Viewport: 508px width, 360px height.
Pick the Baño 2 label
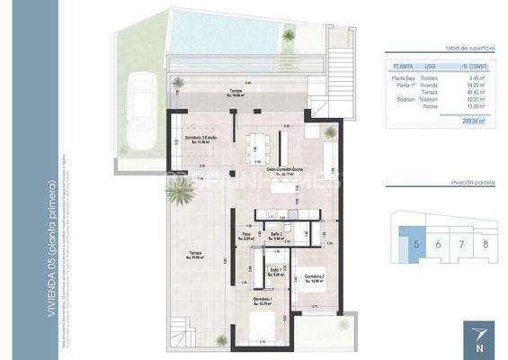pyautogui.click(x=277, y=235)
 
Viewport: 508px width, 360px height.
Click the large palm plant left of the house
pyautogui.click(x=174, y=190)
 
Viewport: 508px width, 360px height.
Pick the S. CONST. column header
pyautogui.click(x=474, y=66)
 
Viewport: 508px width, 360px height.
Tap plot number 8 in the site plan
pyautogui.click(x=485, y=244)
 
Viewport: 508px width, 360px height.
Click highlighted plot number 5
pyautogui.click(x=415, y=244)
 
